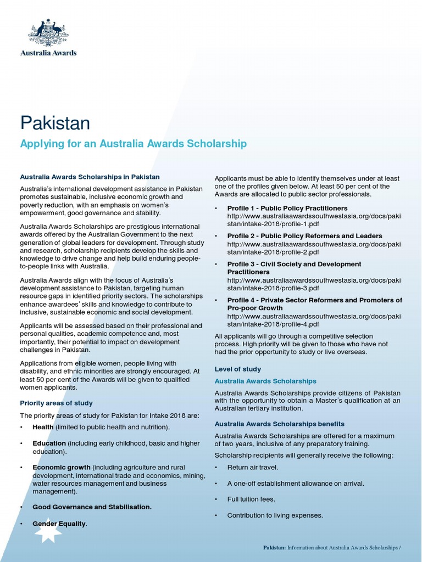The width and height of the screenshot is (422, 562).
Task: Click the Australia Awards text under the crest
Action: tap(48, 53)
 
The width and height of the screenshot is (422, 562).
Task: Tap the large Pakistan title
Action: tap(55, 123)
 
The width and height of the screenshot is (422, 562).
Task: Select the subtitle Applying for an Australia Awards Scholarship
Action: tap(133, 144)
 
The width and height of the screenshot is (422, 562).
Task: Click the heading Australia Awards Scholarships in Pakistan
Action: tap(90, 177)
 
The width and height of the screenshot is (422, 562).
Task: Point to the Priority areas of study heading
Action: tap(56, 403)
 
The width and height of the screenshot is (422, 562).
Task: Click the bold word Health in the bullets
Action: tap(43, 426)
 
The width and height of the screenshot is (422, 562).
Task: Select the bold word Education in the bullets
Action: tap(49, 443)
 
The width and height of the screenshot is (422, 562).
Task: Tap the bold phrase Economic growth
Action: tap(61, 467)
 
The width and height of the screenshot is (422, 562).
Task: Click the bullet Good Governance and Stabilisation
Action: tap(92, 507)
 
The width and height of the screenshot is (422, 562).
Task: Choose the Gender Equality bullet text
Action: tap(59, 524)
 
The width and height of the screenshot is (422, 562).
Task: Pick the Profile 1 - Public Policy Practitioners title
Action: tap(287, 208)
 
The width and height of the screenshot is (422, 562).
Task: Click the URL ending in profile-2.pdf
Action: tap(314, 248)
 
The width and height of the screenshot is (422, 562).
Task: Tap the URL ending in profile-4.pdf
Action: tap(314, 320)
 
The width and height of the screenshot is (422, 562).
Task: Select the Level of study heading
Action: tap(237, 369)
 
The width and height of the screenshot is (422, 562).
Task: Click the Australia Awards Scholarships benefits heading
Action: tap(279, 424)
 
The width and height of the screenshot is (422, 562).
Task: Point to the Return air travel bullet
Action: tap(252, 467)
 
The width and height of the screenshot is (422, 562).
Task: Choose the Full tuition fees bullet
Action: tap(251, 499)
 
